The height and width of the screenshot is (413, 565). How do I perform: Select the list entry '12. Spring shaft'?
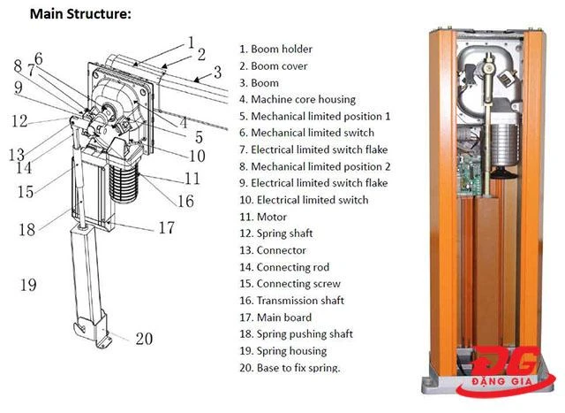pos(282,233)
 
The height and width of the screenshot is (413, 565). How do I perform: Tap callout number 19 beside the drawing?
pos(27,285)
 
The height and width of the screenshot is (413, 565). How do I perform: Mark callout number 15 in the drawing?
pos(25,191)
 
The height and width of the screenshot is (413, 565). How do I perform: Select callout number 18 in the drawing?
pos(27,229)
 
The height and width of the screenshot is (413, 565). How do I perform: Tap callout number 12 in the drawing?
pos(19,121)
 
